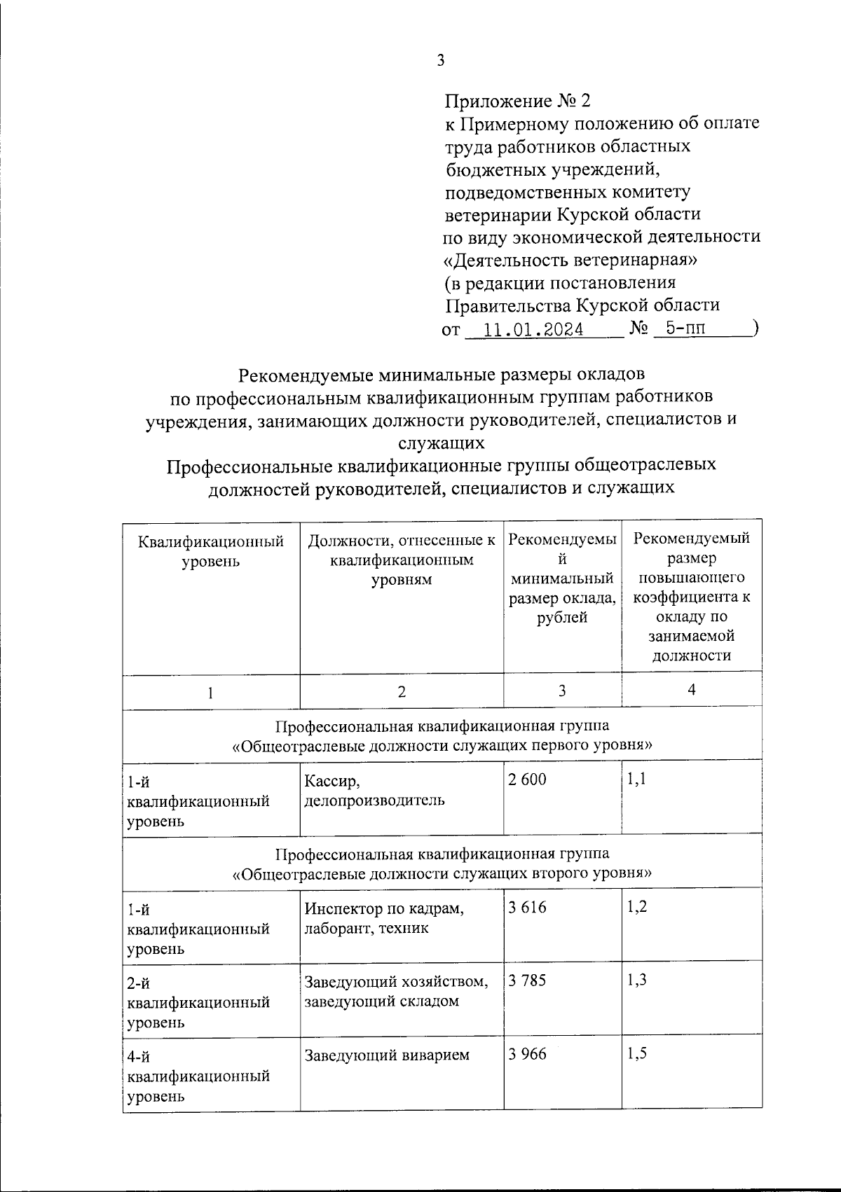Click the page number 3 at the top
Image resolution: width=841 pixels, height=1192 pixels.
pos(441,61)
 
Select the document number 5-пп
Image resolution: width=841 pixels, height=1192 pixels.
pos(685,328)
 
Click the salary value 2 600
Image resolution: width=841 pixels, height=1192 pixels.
pos(527,779)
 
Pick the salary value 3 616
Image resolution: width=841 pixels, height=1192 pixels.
pos(527,908)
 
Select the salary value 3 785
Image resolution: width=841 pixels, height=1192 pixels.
pos(527,980)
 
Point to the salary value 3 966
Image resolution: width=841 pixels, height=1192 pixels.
pos(527,1053)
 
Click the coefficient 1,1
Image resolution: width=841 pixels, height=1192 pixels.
pos(637,778)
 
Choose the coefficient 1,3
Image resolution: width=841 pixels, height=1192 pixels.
pos(637,980)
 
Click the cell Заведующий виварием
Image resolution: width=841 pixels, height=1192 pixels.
pos(387,1055)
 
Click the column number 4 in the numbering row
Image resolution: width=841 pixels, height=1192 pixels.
pos(692,690)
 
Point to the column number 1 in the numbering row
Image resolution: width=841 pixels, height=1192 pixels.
pos(210,693)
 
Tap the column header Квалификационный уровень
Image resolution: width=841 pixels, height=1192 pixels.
pos(211,551)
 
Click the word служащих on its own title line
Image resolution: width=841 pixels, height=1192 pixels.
pos(441,443)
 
